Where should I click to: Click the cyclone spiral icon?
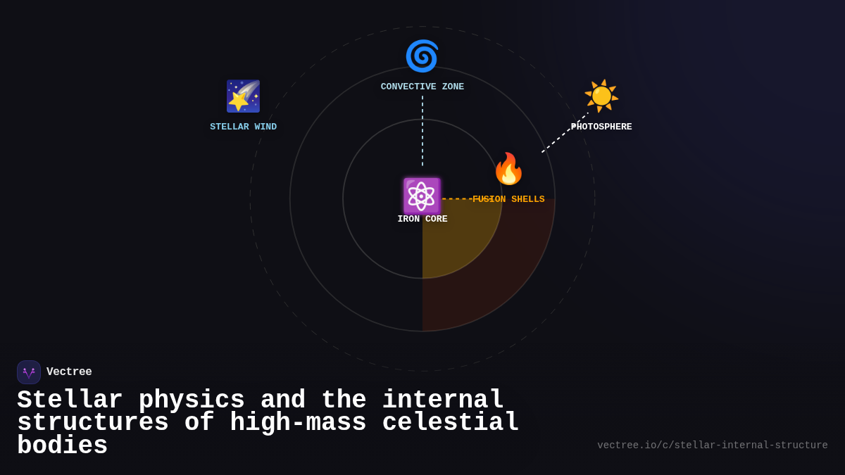pos(422,56)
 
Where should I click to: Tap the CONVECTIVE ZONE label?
pos(423,87)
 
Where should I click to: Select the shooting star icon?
pos(243,96)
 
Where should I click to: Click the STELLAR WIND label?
pos(244,127)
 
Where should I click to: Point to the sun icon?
pos(601,96)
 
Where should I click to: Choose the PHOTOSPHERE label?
pos(602,127)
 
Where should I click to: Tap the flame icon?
pos(508,169)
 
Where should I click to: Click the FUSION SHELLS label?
pos(508,200)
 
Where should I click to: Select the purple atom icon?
pos(422,196)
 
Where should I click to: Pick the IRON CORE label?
pos(423,220)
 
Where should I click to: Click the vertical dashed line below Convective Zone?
pos(423,130)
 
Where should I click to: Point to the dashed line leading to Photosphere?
pos(564,133)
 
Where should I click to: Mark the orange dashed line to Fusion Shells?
pos(456,198)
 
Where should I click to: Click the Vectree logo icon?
pos(29,372)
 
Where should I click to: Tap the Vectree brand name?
pos(69,372)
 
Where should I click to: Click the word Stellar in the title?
pos(70,400)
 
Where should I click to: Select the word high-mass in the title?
pos(298,423)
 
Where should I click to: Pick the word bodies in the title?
pos(62,446)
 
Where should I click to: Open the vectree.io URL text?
pos(712,445)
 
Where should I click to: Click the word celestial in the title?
pos(451,423)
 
